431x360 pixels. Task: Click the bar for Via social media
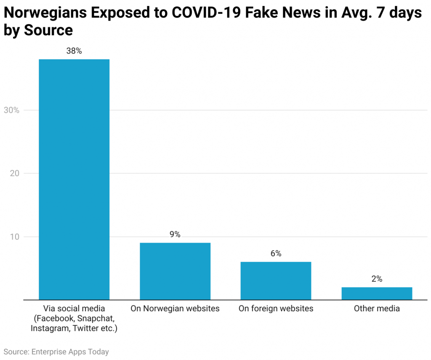tap(74, 180)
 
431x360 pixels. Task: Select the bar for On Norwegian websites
tap(175, 271)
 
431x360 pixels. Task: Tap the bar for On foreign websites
tap(276, 281)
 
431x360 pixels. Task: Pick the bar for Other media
tap(377, 294)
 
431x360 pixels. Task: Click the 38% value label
tap(74, 51)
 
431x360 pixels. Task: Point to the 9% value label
tap(175, 235)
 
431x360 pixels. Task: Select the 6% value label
tap(276, 254)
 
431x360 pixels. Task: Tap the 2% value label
tap(377, 279)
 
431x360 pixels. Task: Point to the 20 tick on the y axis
tap(14, 173)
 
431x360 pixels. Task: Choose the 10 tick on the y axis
tap(14, 237)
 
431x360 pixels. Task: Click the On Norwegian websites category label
tap(175, 309)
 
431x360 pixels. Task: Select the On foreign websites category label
tap(276, 309)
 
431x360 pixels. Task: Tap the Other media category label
tap(377, 309)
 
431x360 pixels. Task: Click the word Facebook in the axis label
tap(55, 318)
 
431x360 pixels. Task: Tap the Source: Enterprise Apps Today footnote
tap(56, 352)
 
